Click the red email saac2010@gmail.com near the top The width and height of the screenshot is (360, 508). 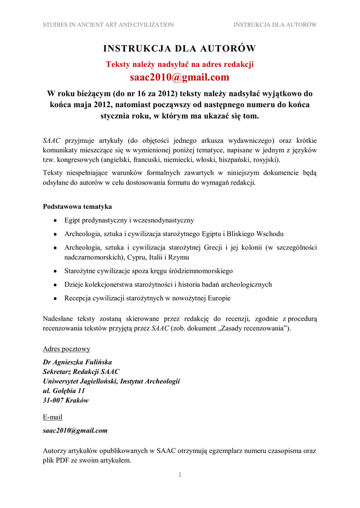(x=180, y=77)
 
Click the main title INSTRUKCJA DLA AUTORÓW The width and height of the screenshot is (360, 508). (x=180, y=48)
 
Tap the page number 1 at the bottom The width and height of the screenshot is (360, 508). (x=180, y=475)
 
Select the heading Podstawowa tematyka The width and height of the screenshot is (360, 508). (x=77, y=206)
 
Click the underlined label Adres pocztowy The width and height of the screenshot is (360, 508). (x=67, y=349)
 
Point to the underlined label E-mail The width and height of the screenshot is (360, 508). (x=53, y=417)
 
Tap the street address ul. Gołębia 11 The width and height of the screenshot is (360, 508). (x=64, y=391)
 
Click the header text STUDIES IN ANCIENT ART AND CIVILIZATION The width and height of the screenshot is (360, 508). (x=108, y=24)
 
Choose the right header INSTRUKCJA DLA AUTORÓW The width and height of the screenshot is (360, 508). (x=275, y=24)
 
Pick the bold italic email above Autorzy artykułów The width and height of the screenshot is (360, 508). (x=75, y=431)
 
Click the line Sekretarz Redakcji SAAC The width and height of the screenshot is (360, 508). (x=81, y=372)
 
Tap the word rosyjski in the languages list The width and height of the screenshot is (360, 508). (x=267, y=160)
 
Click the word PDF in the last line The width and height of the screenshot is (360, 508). (x=62, y=460)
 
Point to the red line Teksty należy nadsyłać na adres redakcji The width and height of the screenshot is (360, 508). (x=180, y=64)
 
